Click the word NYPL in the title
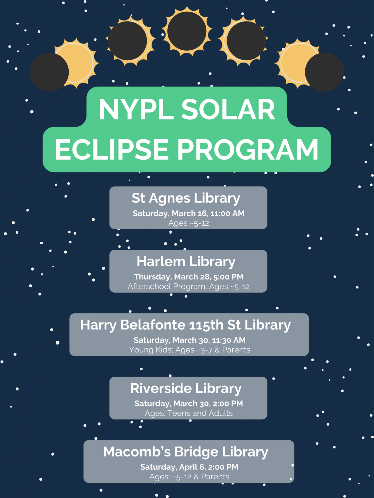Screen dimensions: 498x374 pyautogui.click(x=136, y=109)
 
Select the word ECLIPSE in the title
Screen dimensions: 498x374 pyautogui.click(x=112, y=150)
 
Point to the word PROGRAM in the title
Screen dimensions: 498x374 pyautogui.click(x=248, y=150)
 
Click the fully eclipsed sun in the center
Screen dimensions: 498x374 pyautogui.click(x=187, y=31)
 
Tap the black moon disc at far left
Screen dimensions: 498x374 pyautogui.click(x=49, y=72)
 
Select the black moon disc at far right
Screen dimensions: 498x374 pyautogui.click(x=324, y=72)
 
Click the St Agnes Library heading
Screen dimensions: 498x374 pyautogui.click(x=186, y=198)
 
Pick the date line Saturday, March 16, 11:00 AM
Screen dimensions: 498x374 pyautogui.click(x=188, y=213)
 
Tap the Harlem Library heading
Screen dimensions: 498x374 pyautogui.click(x=186, y=261)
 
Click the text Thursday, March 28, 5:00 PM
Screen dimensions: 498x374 pyautogui.click(x=188, y=277)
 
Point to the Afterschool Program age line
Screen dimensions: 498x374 pyautogui.click(x=188, y=287)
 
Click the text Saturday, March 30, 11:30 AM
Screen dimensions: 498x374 pyautogui.click(x=189, y=340)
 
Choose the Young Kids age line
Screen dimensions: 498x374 pyautogui.click(x=189, y=350)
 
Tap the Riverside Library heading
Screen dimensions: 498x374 pyautogui.click(x=186, y=388)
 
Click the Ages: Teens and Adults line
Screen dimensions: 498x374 pyautogui.click(x=188, y=413)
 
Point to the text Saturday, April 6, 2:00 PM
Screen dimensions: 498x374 pyautogui.click(x=189, y=467)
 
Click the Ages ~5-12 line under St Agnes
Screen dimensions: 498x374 pyautogui.click(x=188, y=223)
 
